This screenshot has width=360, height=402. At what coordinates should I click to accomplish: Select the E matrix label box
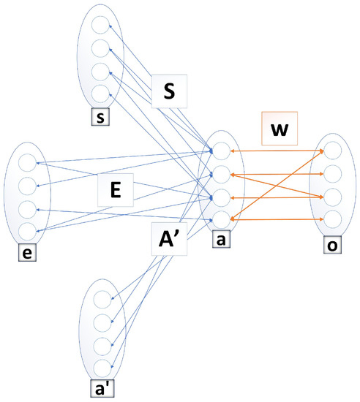(115, 191)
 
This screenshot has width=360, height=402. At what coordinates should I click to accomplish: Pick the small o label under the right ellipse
(333, 242)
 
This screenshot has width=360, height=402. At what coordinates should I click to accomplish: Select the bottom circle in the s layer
(100, 92)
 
